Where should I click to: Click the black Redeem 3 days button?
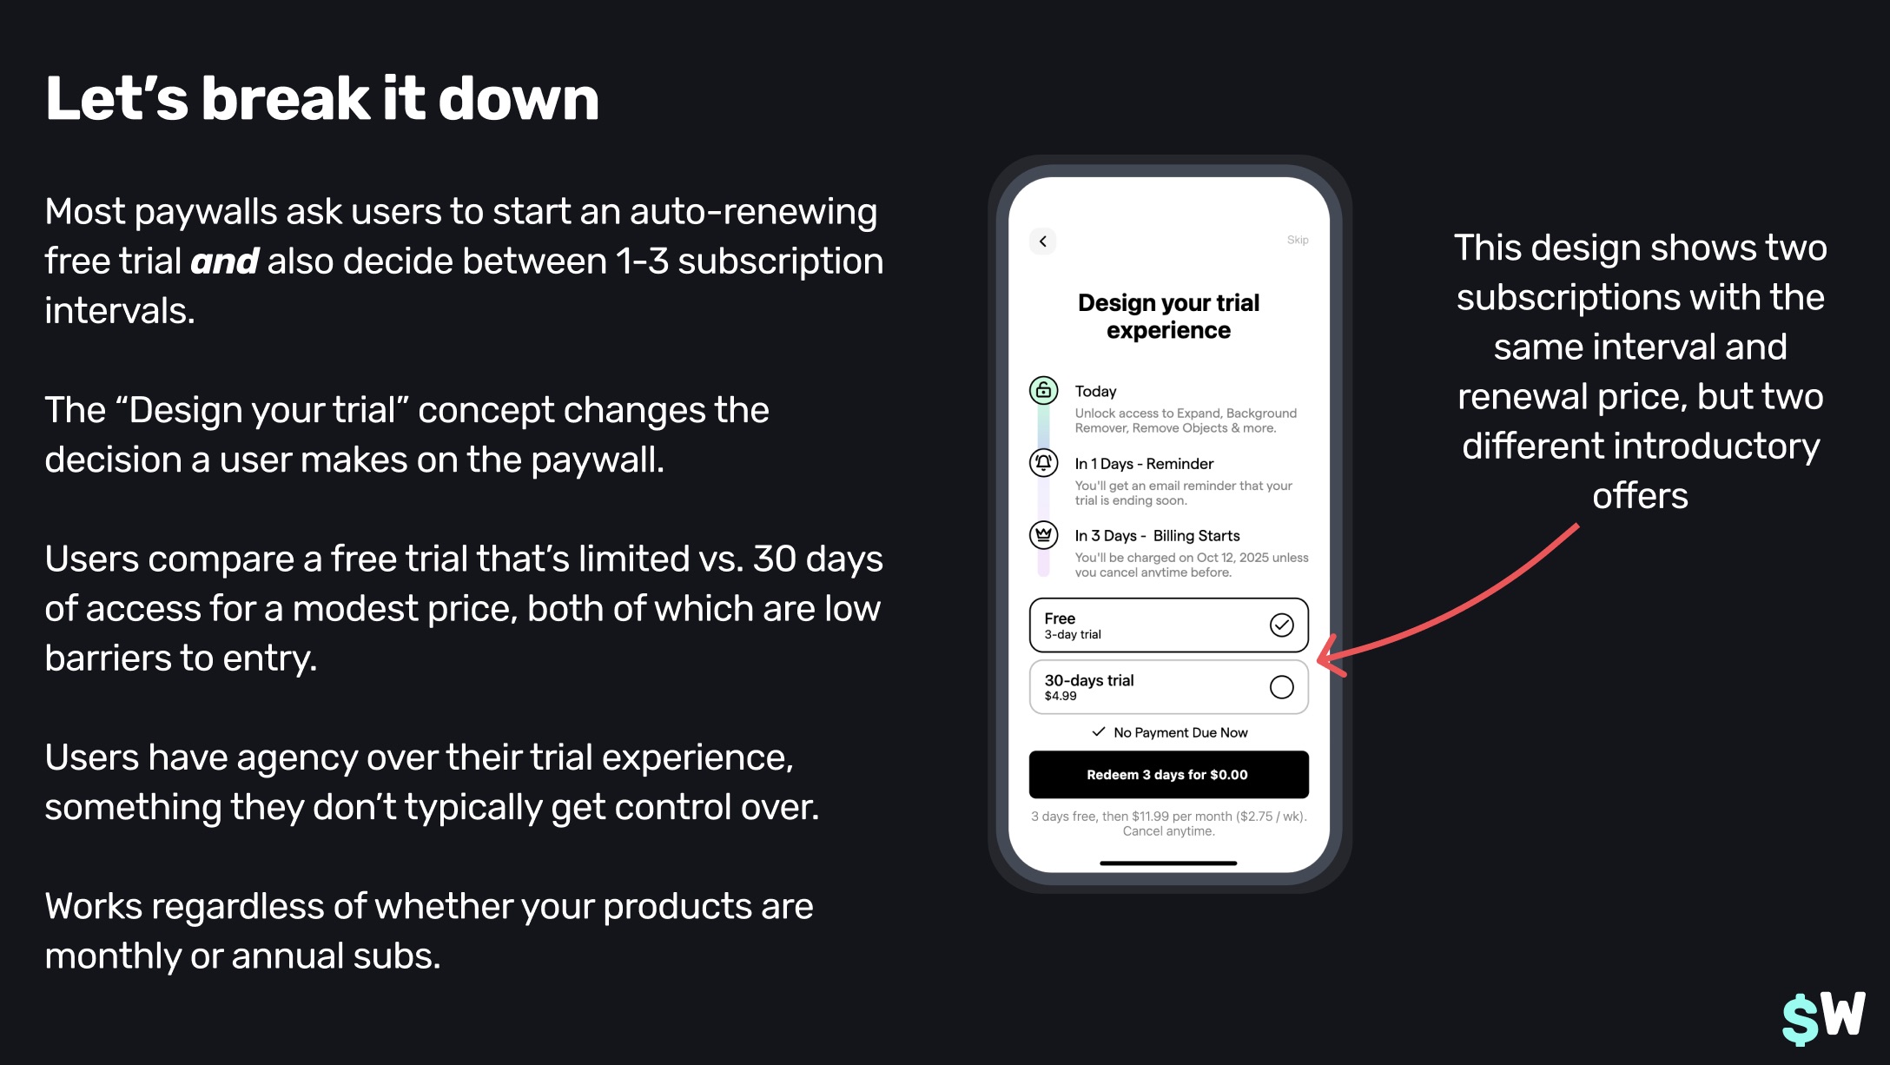(1168, 774)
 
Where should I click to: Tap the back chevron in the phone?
(1043, 241)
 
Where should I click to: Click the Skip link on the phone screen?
(1298, 240)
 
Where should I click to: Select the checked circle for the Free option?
(1282, 625)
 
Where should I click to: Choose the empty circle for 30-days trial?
(1282, 687)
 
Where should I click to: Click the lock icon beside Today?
(1044, 390)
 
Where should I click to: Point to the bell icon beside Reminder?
(1044, 462)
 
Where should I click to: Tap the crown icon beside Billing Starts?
(1044, 534)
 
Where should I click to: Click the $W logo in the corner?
(1823, 1017)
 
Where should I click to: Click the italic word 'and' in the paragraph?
(224, 261)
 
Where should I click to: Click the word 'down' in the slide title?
(519, 98)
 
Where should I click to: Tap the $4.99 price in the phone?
(1061, 696)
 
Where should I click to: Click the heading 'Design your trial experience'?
(1168, 316)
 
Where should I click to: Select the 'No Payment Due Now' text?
(1180, 732)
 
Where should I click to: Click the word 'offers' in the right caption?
(1640, 496)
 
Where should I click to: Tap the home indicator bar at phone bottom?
(1168, 863)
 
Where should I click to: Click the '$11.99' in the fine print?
(1150, 817)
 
